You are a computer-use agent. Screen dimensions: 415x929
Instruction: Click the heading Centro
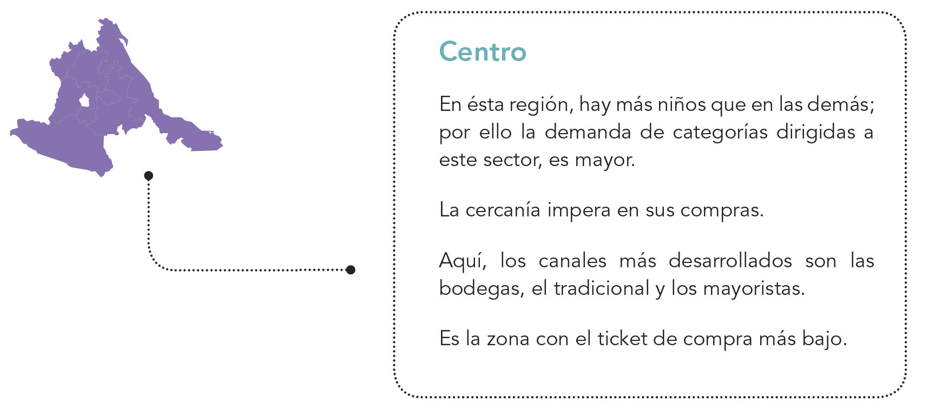tap(482, 52)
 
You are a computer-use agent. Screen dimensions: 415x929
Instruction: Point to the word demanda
tap(588, 132)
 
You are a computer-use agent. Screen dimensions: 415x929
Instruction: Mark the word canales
tap(572, 261)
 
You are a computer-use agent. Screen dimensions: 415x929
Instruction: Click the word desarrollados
tap(730, 261)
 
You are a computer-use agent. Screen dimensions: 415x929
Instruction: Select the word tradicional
tap(601, 288)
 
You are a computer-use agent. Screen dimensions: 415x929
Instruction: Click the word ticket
tap(622, 339)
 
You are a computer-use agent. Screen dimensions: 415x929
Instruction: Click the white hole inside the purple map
tap(84, 101)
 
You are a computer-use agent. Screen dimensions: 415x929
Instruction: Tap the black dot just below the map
tap(149, 175)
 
